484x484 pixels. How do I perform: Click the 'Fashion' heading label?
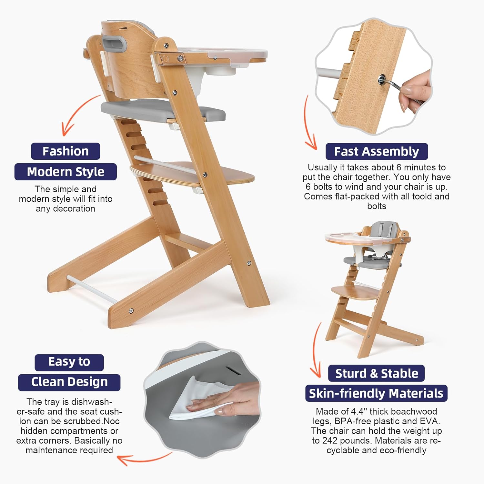pyautogui.click(x=66, y=151)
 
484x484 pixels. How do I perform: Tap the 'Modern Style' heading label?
pyautogui.click(x=66, y=172)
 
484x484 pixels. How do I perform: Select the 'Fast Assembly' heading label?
pyautogui.click(x=377, y=151)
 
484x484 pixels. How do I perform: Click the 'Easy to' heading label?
pyautogui.click(x=69, y=362)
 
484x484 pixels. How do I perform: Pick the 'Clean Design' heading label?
pyautogui.click(x=69, y=382)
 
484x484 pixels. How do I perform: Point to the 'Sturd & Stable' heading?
pyautogui.click(x=377, y=373)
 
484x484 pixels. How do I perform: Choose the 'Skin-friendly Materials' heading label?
pyautogui.click(x=376, y=393)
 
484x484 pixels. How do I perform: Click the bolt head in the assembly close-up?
pyautogui.click(x=382, y=78)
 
